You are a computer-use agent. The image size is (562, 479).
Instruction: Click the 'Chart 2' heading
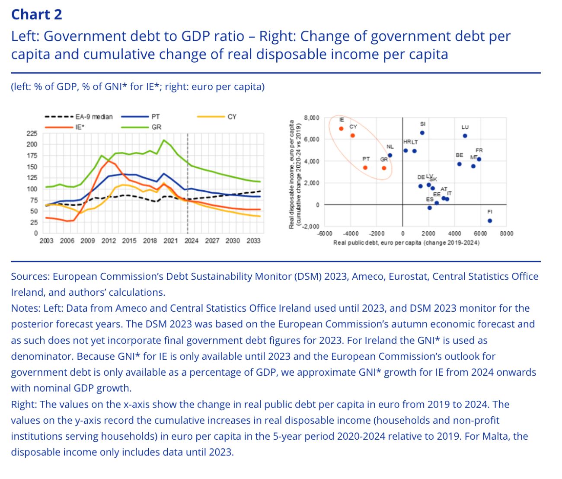36,15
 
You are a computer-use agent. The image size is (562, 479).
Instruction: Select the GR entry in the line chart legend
156,127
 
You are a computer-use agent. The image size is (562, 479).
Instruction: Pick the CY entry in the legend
232,117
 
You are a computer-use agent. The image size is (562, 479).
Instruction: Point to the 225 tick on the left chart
32,134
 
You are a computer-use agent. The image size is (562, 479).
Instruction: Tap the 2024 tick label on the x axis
191,241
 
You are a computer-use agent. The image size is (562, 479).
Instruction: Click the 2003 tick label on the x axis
46,241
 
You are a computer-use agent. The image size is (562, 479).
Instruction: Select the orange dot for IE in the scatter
341,128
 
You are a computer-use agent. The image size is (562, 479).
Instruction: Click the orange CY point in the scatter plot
352,135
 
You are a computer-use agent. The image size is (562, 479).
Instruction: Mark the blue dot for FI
490,220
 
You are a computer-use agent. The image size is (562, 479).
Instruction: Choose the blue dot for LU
465,136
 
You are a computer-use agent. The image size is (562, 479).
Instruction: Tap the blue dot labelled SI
422,133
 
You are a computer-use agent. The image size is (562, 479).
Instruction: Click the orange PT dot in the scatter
365,168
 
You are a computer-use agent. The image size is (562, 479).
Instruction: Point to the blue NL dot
390,155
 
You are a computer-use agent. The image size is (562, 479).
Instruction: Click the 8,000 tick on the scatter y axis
312,118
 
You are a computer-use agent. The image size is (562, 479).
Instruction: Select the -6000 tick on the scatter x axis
325,233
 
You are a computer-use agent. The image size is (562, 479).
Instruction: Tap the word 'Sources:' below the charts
30,277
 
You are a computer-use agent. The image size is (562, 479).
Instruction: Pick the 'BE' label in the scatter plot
459,155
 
